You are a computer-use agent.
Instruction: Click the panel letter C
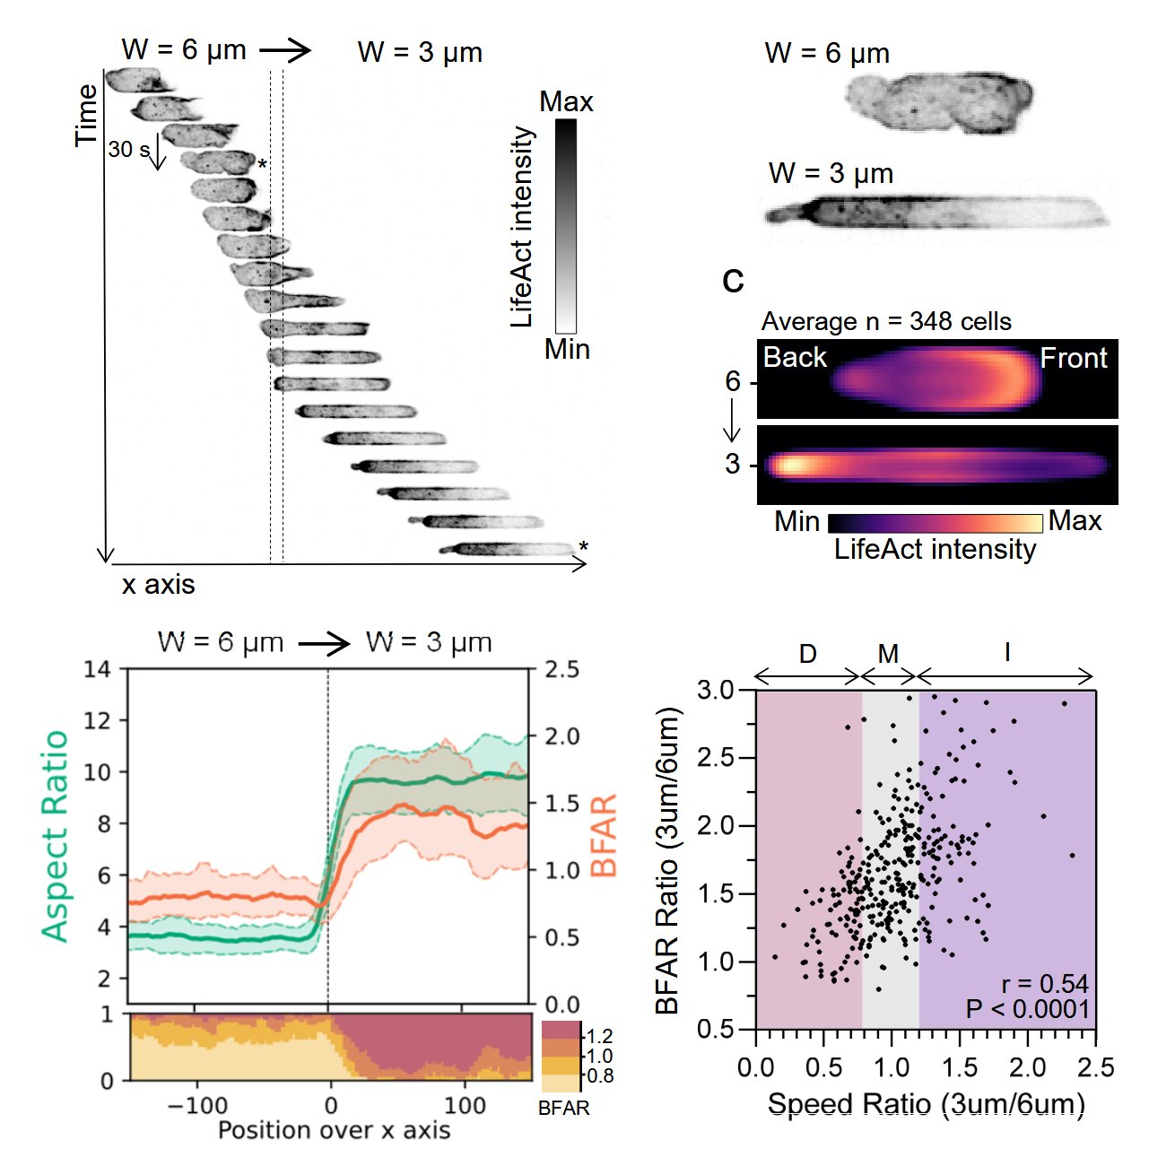click(733, 282)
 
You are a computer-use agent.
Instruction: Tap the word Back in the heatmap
click(794, 358)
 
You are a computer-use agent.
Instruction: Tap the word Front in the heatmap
click(1074, 359)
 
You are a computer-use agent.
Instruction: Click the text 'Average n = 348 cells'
click(886, 322)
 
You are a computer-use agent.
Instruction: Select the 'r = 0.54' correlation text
click(1045, 984)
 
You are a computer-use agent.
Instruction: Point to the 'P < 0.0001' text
click(1028, 1009)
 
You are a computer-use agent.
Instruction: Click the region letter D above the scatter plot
click(807, 653)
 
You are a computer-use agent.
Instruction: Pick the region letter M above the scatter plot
click(888, 654)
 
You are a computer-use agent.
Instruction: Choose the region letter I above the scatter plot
click(1007, 652)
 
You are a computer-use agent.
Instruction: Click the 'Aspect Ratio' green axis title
click(56, 836)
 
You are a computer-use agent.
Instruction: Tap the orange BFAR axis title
click(605, 835)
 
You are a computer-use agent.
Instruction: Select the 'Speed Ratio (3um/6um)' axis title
click(926, 1104)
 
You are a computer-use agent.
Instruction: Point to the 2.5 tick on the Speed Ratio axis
click(1095, 1068)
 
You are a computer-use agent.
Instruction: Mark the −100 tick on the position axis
click(196, 1104)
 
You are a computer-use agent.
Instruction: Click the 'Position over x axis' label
click(334, 1130)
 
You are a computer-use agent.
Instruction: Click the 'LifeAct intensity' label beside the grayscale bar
click(522, 227)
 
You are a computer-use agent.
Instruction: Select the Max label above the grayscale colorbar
click(566, 102)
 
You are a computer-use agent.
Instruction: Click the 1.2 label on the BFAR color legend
click(599, 1037)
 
